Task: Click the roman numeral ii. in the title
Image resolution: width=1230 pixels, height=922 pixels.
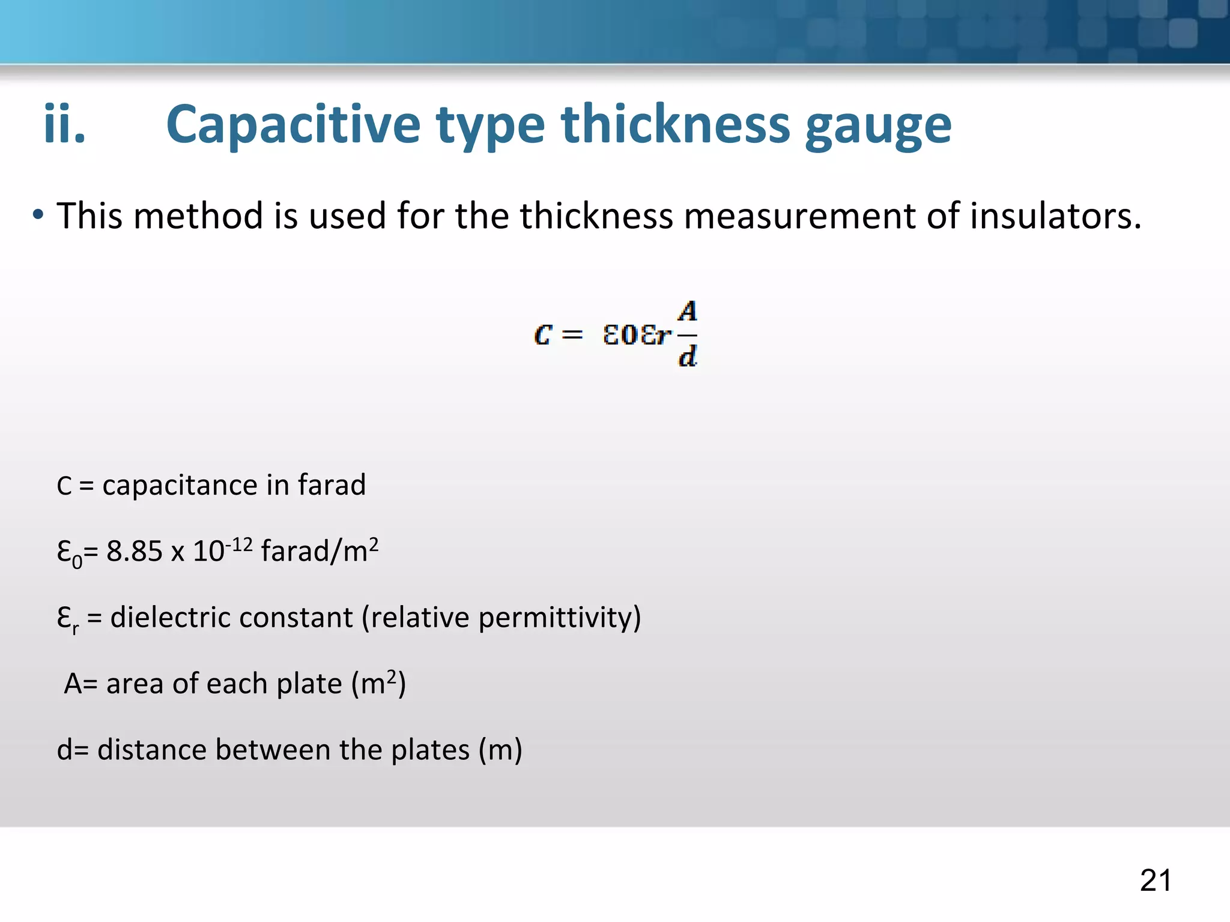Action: tap(64, 125)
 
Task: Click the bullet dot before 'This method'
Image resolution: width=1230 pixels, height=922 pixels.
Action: tap(38, 215)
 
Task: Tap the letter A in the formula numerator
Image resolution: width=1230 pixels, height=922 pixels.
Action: tap(688, 312)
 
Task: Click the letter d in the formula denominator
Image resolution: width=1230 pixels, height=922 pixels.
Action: tap(688, 357)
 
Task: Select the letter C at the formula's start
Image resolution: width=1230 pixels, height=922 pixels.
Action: tap(542, 335)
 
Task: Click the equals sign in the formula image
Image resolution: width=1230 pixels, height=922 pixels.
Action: tap(572, 335)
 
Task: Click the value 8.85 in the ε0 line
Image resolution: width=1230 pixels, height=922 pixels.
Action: tap(134, 551)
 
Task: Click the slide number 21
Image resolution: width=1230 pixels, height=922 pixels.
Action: tap(1156, 881)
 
